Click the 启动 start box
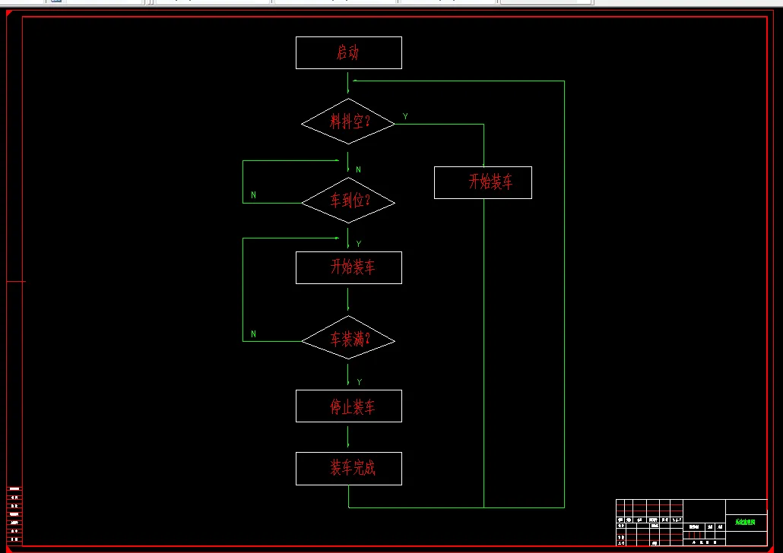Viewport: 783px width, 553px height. coord(348,52)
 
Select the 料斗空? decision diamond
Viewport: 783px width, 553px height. coord(348,122)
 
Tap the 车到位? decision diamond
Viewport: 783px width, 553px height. coord(348,201)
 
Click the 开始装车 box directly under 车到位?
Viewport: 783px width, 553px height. coord(348,267)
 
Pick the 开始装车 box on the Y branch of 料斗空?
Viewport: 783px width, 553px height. coord(483,182)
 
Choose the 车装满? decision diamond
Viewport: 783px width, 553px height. coord(348,340)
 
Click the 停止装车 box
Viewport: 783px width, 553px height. coord(348,406)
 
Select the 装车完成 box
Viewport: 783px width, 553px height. coord(348,468)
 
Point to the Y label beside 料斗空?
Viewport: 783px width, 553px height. coord(405,117)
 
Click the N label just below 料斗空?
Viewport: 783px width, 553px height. coord(358,169)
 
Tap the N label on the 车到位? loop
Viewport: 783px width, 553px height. coord(253,195)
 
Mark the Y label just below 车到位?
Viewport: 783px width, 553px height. coord(358,244)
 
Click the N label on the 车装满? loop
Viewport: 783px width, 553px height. coord(253,334)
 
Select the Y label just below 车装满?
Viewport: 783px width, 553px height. coord(359,382)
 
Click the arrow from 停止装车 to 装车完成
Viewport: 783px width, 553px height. coord(348,437)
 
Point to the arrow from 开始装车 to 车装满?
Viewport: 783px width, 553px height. coord(348,299)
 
